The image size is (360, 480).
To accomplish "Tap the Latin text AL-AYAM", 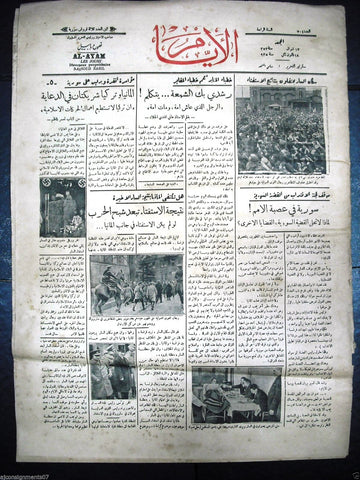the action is [91, 58].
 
